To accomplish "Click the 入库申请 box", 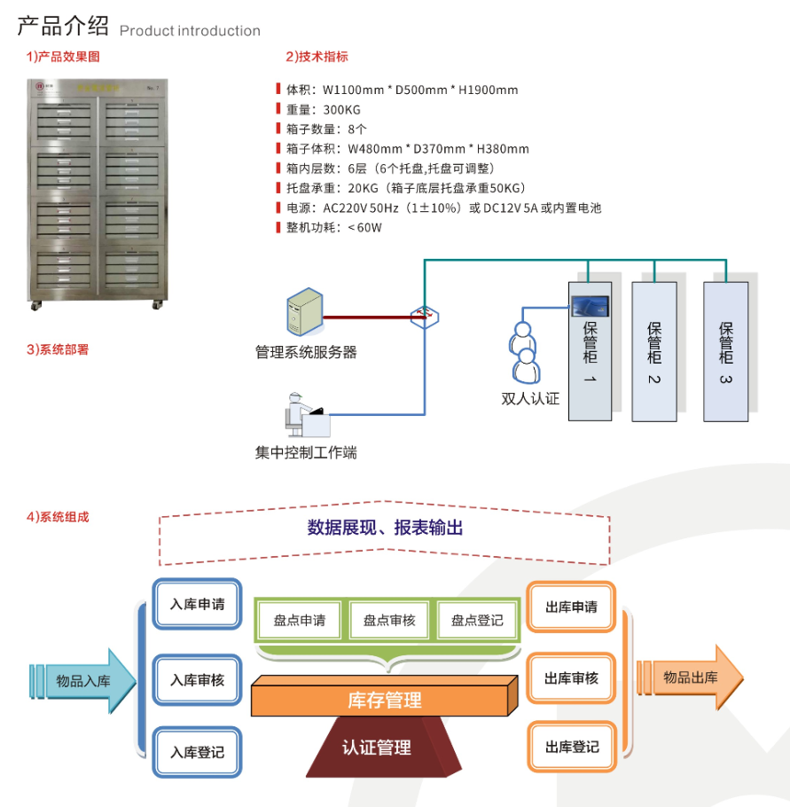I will pos(197,605).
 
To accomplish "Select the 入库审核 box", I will pos(197,680).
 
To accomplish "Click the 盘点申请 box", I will pos(300,620).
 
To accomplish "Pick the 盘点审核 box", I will pos(389,620).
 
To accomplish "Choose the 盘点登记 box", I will pos(477,620).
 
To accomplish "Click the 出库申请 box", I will pos(571,607).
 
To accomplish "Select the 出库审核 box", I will pos(571,678).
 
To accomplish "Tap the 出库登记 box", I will pos(571,748).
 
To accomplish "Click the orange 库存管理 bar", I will pos(384,700).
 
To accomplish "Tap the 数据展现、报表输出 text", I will pos(385,528).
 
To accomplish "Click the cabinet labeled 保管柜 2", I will pos(654,350).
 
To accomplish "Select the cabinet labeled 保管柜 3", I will pos(725,350).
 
